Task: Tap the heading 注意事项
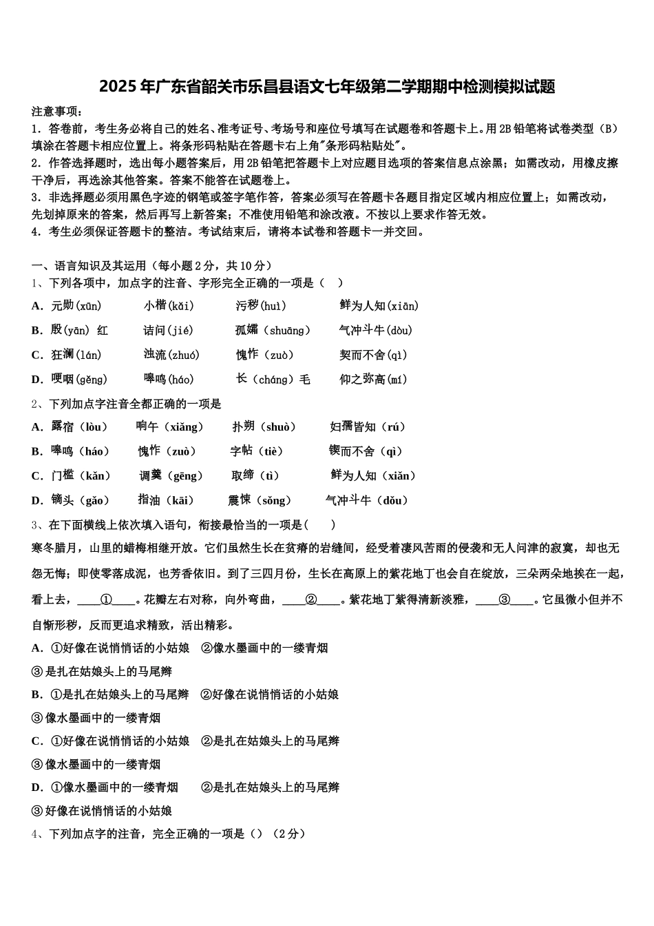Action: click(x=57, y=112)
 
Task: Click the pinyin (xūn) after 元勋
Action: click(x=88, y=306)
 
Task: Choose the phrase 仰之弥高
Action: click(x=362, y=380)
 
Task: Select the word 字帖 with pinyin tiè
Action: click(x=242, y=452)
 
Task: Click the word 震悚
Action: click(x=240, y=501)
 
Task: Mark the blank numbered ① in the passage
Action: click(x=107, y=600)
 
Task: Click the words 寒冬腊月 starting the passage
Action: click(x=54, y=548)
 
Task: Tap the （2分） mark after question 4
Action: click(x=288, y=834)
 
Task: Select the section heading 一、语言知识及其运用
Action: click(x=89, y=266)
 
